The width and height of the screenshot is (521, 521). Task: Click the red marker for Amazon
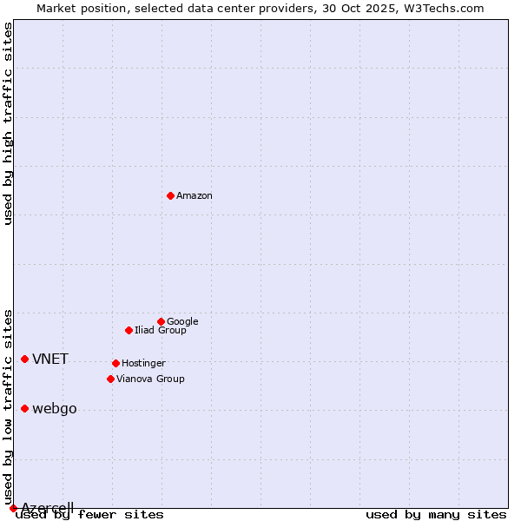pos(170,195)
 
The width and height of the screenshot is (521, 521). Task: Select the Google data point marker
pos(161,321)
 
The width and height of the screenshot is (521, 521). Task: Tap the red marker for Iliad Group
pos(129,330)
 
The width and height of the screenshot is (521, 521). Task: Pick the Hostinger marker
pos(115,363)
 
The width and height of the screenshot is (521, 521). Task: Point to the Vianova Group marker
pos(110,379)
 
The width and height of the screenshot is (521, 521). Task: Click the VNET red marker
pos(24,359)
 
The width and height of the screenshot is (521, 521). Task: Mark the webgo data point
pos(24,408)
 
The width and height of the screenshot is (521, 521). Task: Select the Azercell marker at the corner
pos(13,508)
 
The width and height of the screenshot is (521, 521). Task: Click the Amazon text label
pos(195,196)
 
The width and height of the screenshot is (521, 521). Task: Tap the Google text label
pos(182,321)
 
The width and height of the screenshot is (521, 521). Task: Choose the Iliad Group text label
pos(161,330)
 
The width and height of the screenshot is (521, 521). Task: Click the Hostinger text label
pos(143,363)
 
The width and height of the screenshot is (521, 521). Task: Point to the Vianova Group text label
pos(150,379)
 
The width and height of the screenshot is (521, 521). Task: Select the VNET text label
pos(50,359)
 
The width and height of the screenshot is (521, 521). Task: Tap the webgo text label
pos(55,409)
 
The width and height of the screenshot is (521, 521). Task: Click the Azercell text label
pos(48,508)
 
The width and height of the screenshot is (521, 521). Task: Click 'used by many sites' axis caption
pos(436,515)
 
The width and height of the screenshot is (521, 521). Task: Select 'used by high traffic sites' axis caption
pos(9,123)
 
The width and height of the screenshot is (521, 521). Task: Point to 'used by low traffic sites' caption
pos(9,406)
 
